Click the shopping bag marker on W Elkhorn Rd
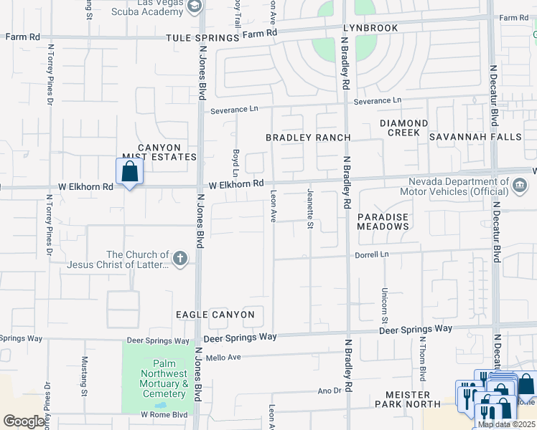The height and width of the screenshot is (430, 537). tap(129, 172)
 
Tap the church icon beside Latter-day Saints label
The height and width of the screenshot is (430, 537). tap(180, 258)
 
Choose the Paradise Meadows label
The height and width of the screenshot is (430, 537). tap(383, 221)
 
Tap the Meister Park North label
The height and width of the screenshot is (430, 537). tap(407, 399)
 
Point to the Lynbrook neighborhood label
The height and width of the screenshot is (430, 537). tap(370, 27)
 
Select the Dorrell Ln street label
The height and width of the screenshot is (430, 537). tap(371, 254)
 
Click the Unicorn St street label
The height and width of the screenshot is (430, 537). tap(385, 305)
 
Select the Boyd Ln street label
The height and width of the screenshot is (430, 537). tap(235, 163)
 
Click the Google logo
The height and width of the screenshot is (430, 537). tap(25, 421)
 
